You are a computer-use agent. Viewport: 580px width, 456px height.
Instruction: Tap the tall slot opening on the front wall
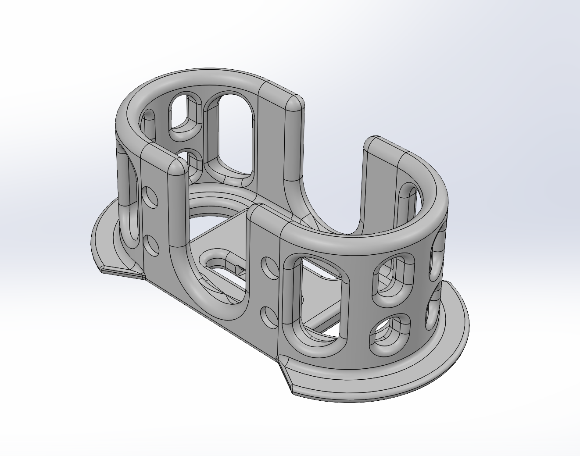316,298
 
